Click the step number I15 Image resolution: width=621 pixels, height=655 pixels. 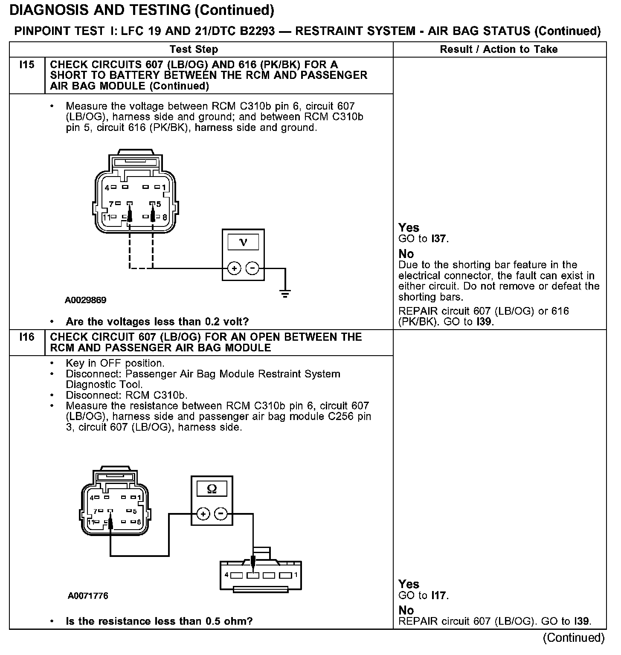pyautogui.click(x=26, y=65)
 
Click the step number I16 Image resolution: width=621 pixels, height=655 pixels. pyautogui.click(x=26, y=337)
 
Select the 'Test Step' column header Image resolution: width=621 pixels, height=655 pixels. pyautogui.click(x=194, y=49)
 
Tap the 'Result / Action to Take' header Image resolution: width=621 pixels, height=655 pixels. pyautogui.click(x=499, y=49)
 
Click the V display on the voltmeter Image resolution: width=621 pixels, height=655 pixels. pyautogui.click(x=243, y=243)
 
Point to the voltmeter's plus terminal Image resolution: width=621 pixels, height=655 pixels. pyautogui.click(x=234, y=268)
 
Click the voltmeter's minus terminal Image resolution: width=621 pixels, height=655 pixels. pyautogui.click(x=252, y=268)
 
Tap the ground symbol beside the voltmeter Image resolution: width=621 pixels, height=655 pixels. pyautogui.click(x=285, y=293)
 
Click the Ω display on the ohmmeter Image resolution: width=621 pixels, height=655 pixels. pyautogui.click(x=212, y=489)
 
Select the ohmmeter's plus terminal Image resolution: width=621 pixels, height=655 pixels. pyautogui.click(x=203, y=514)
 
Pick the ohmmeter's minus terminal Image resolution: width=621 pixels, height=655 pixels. pyautogui.click(x=221, y=514)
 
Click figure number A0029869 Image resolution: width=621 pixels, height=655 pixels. pyautogui.click(x=86, y=300)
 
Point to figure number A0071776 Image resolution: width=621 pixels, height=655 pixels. pyautogui.click(x=88, y=596)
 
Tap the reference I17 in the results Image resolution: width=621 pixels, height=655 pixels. pyautogui.click(x=439, y=595)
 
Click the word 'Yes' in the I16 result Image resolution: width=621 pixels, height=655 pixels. pyautogui.click(x=409, y=584)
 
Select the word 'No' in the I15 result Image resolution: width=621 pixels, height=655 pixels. pyautogui.click(x=406, y=254)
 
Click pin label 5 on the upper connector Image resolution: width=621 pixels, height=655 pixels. pyautogui.click(x=159, y=205)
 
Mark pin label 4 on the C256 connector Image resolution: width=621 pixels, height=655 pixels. pyautogui.click(x=226, y=574)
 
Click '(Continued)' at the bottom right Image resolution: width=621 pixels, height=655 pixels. pyautogui.click(x=574, y=638)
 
